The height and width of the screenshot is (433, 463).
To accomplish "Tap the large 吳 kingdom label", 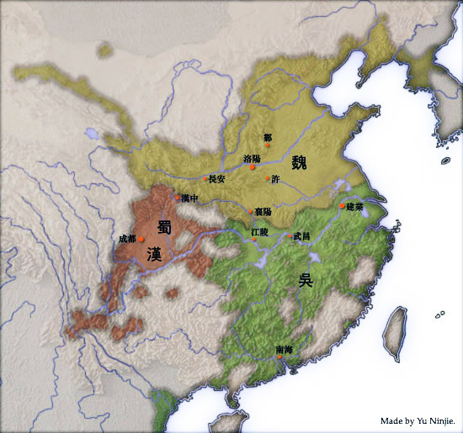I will click(x=305, y=280).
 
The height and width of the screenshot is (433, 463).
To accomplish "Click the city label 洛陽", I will click(x=251, y=158).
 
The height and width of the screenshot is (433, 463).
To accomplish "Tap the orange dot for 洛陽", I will click(x=252, y=168).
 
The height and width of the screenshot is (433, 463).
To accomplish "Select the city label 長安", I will click(x=217, y=178).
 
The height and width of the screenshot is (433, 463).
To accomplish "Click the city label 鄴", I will click(x=267, y=137).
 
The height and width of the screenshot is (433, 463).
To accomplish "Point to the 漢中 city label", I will click(x=190, y=198).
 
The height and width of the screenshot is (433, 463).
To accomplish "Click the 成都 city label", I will click(x=127, y=239).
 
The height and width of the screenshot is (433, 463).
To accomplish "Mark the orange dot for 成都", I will click(x=141, y=240).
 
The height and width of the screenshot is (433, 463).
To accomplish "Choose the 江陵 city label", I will click(x=259, y=231).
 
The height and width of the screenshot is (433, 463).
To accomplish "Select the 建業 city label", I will click(x=354, y=206).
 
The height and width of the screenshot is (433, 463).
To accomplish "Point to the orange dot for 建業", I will click(x=342, y=205).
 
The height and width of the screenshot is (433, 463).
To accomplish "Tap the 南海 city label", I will click(x=285, y=349).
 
